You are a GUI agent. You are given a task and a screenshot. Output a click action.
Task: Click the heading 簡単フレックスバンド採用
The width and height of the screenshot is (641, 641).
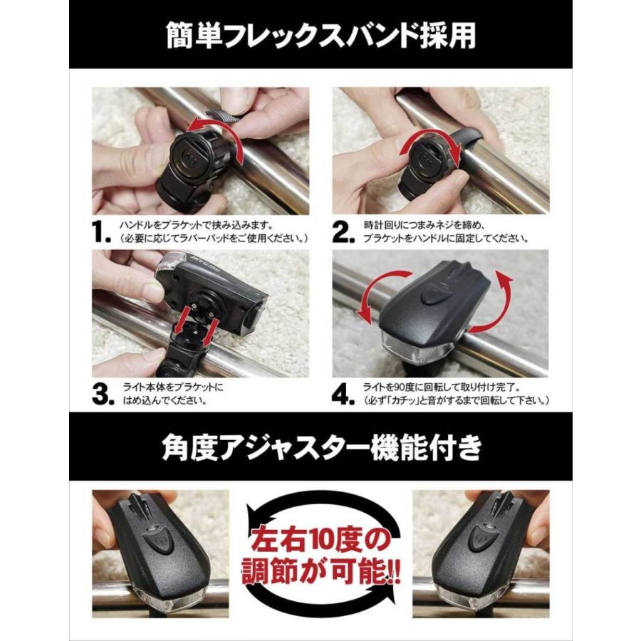[320, 34]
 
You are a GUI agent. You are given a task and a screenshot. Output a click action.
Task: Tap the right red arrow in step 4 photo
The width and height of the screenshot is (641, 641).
[502, 302]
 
